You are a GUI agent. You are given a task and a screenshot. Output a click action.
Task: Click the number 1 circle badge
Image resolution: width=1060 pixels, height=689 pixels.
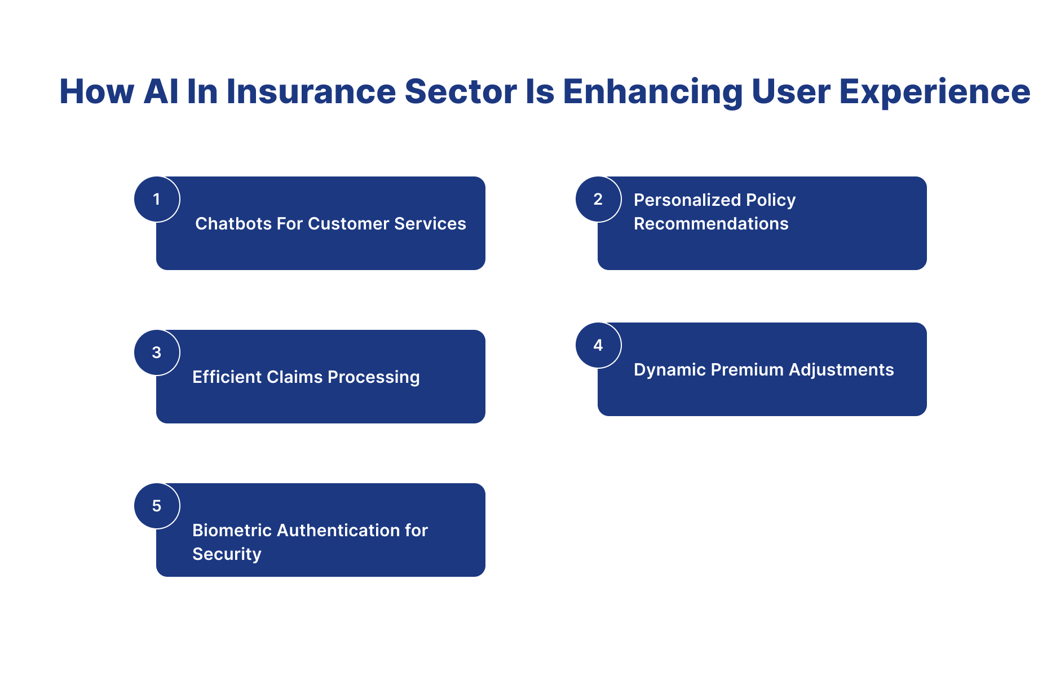(x=157, y=199)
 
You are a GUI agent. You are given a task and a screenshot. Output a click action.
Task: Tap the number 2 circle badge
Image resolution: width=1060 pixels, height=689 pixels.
(x=598, y=199)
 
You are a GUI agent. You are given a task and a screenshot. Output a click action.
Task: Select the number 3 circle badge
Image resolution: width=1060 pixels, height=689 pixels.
(x=157, y=352)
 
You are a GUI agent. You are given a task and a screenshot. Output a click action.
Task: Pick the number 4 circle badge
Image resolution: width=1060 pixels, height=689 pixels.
(x=598, y=345)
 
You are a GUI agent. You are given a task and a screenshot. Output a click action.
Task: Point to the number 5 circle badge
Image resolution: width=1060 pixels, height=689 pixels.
(x=157, y=506)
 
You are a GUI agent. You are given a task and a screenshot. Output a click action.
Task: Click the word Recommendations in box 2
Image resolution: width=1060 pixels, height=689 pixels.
(x=711, y=224)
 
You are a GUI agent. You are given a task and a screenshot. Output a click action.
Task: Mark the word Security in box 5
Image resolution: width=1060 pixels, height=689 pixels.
(x=227, y=554)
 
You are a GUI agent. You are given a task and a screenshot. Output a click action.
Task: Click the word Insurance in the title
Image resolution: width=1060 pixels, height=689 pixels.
(x=311, y=91)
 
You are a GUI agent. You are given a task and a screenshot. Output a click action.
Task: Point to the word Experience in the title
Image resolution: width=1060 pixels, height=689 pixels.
(x=934, y=91)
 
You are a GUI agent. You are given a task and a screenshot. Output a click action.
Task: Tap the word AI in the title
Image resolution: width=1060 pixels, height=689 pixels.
(x=161, y=91)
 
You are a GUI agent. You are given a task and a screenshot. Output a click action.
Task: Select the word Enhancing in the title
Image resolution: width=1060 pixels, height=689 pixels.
(x=652, y=91)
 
